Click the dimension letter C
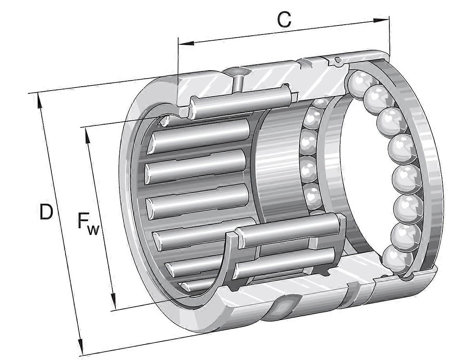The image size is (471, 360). (x=284, y=20)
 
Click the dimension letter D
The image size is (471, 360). (x=46, y=212)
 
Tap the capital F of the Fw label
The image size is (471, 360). (x=83, y=220)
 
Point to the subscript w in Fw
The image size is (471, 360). (x=93, y=230)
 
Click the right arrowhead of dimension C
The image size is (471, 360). (x=381, y=20)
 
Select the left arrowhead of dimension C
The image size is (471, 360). (x=186, y=43)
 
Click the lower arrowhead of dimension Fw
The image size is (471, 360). (x=113, y=302)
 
